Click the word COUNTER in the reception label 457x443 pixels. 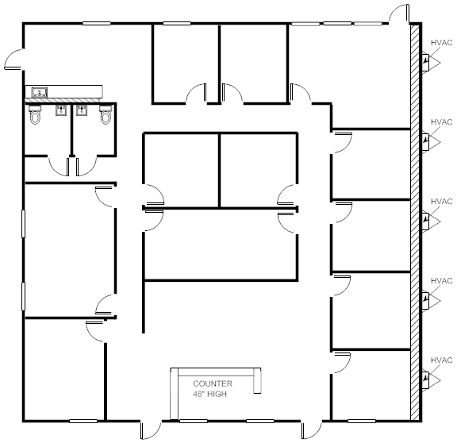pos(212,383)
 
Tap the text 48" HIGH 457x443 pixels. pos(209,394)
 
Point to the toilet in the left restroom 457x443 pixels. pos(34,117)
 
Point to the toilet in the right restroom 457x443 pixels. pos(106,117)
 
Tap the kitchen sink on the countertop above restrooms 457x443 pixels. pos(38,93)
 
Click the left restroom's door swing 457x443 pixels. pos(59,164)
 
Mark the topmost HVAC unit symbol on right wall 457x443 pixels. pos(427,62)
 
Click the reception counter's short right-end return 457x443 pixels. pos(256,380)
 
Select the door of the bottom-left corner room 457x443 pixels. pos(96,330)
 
